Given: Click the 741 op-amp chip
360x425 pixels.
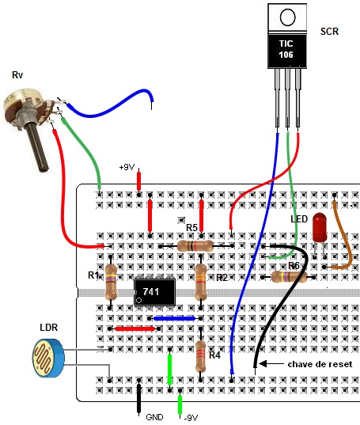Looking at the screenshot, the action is point(154,292).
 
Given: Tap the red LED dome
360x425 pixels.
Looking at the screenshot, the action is point(320,227).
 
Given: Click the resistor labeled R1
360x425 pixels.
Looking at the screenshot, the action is point(111,282).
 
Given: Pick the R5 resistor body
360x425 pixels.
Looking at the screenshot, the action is point(195,246).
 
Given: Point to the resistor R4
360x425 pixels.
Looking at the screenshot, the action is point(200,356).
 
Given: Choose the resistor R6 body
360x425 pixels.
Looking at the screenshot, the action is point(290,277).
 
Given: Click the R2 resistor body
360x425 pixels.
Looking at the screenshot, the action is point(201,282).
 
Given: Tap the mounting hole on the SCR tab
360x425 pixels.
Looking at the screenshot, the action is point(287,17).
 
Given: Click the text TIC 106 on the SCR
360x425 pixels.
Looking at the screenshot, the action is point(286,49).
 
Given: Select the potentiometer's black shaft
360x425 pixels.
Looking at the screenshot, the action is point(38,147).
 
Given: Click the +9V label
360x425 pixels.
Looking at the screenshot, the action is point(127,167).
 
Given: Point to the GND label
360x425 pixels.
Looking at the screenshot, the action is point(154,417).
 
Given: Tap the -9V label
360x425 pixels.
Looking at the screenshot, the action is point(191,418).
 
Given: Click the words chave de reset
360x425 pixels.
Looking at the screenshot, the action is point(320,364).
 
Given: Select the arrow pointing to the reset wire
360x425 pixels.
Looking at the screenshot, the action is point(271,364).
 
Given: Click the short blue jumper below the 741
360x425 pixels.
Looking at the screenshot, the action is point(174,318).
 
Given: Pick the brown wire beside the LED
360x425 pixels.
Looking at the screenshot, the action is point(341,236).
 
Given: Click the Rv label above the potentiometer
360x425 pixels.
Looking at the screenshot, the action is point(17,75).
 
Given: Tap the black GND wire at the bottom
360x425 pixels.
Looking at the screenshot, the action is point(139,398).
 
